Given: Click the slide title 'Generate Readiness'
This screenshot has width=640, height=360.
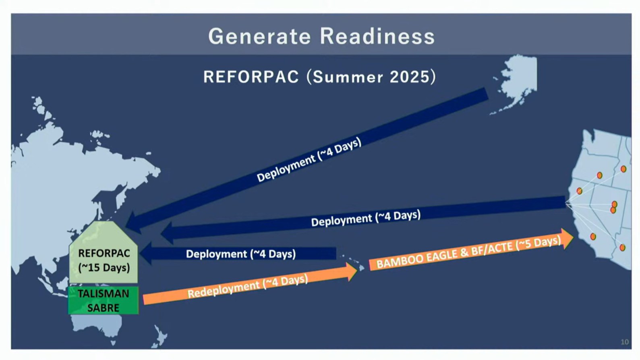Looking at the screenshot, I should [321, 36].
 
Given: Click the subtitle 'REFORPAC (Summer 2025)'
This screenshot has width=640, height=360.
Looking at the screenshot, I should [319, 77].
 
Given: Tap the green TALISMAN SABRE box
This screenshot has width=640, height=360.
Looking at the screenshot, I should [104, 300].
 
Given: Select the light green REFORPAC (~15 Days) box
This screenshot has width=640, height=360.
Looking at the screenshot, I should [104, 258].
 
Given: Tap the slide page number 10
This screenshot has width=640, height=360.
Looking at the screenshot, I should [624, 342].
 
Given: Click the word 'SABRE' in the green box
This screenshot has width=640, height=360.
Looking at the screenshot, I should [103, 308].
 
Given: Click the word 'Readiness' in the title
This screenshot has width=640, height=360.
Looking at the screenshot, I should [378, 36].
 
